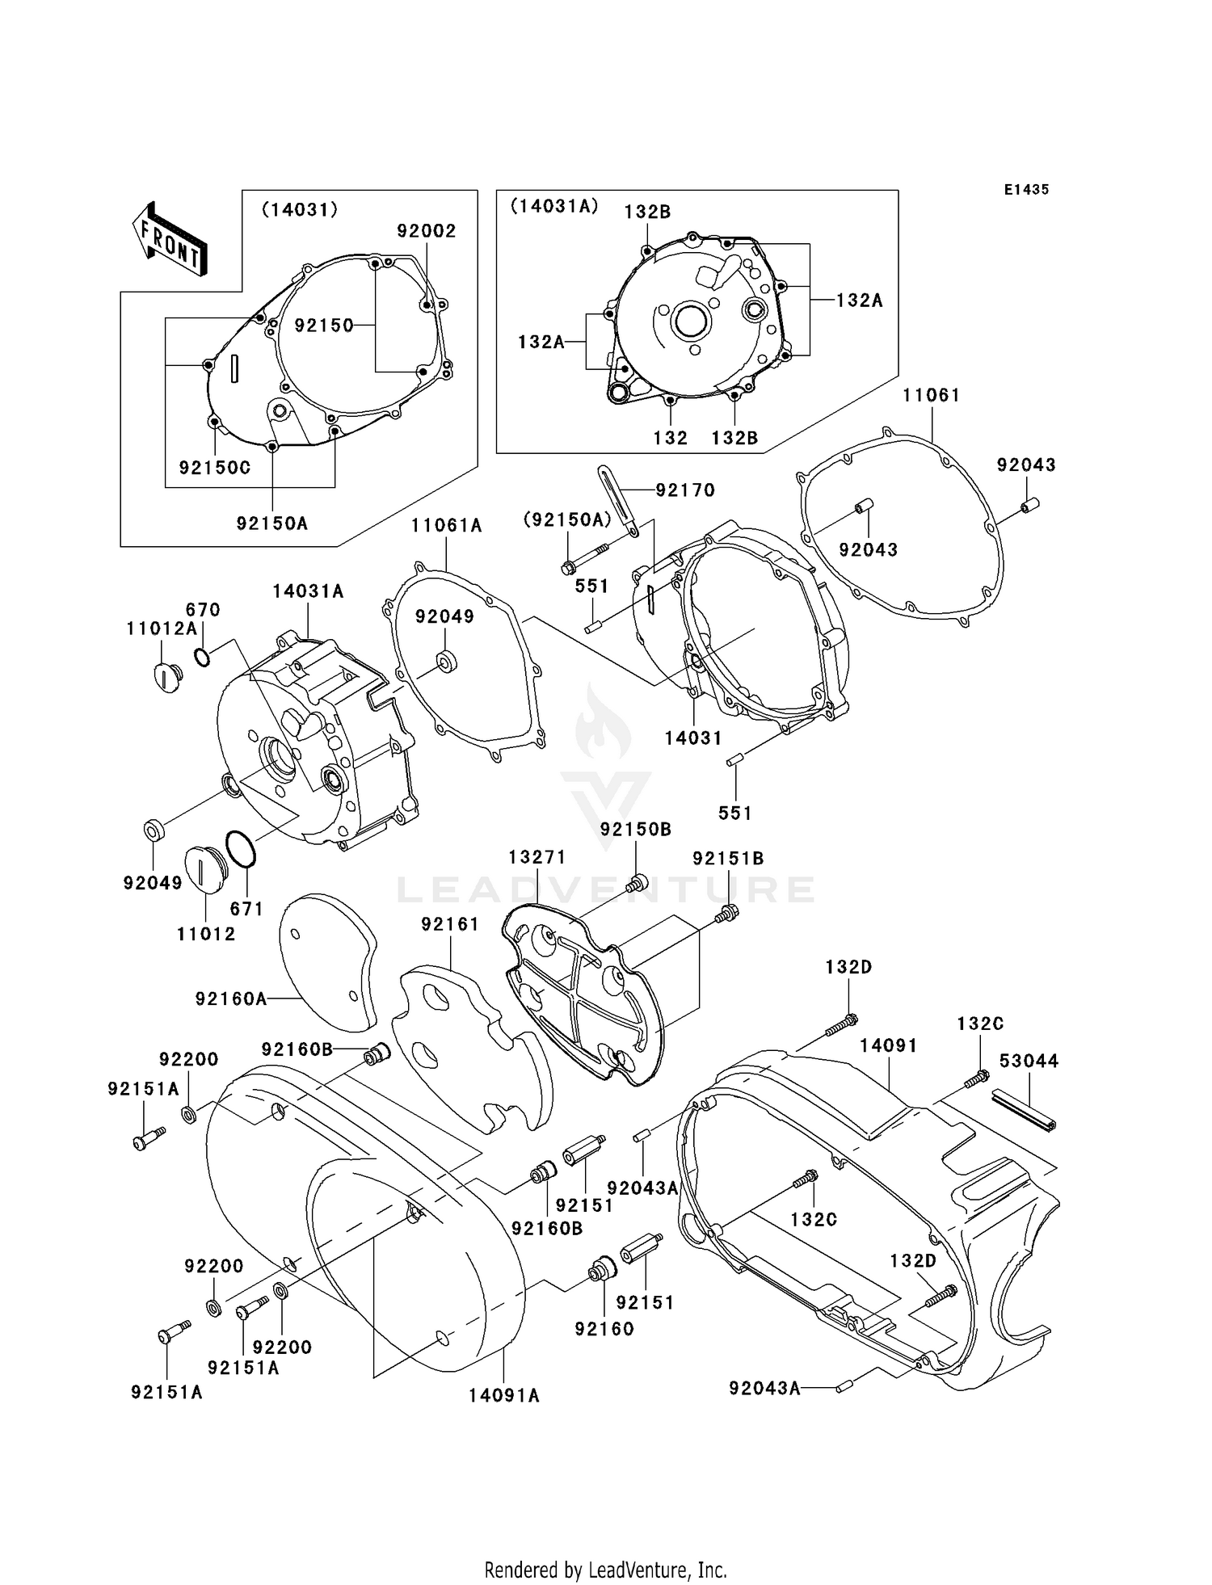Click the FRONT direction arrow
(170, 240)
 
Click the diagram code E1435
(1026, 190)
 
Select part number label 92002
(426, 231)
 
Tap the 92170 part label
(684, 490)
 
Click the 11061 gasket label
(931, 395)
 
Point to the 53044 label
(1029, 1062)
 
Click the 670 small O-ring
(202, 657)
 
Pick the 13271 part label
(537, 857)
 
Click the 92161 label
(449, 924)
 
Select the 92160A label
(230, 999)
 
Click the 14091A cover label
(503, 1395)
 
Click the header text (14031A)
(553, 207)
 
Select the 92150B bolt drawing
(638, 882)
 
